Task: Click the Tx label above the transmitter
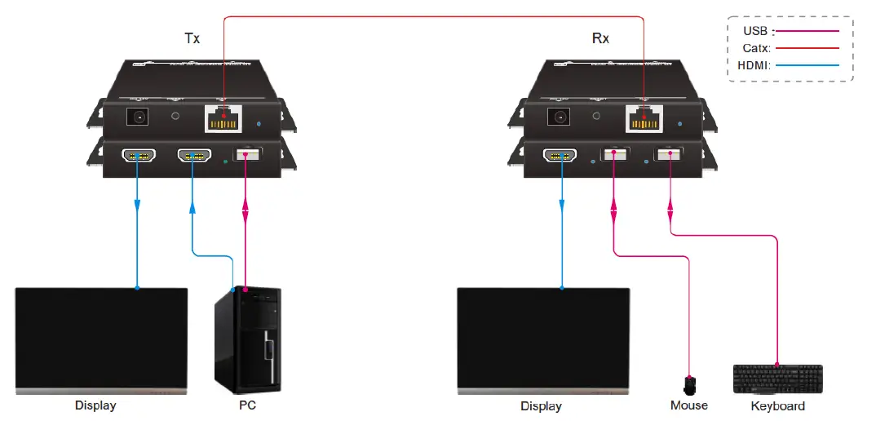click(192, 38)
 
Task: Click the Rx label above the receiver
click(599, 38)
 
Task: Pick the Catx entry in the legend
click(756, 48)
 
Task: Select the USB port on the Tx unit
click(246, 154)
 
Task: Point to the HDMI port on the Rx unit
click(561, 154)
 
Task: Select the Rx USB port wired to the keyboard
click(670, 154)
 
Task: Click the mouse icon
click(690, 383)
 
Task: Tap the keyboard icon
click(776, 379)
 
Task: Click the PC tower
click(247, 338)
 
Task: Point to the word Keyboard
click(777, 405)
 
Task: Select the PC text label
click(247, 405)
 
